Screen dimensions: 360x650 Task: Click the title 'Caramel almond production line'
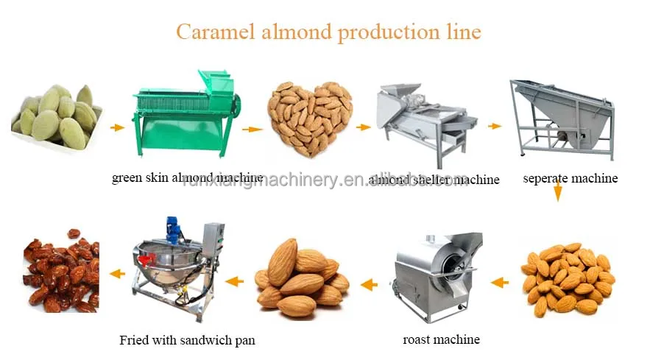(328, 32)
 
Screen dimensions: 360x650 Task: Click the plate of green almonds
(57, 118)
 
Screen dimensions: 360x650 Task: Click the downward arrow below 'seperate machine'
(558, 193)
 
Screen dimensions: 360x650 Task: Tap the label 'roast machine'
(441, 339)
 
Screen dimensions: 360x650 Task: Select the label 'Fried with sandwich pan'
(187, 340)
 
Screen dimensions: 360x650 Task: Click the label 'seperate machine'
(570, 178)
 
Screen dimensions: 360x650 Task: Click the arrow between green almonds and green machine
(117, 127)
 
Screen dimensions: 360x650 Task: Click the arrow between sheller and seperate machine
(495, 126)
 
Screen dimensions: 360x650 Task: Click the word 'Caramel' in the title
(213, 32)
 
